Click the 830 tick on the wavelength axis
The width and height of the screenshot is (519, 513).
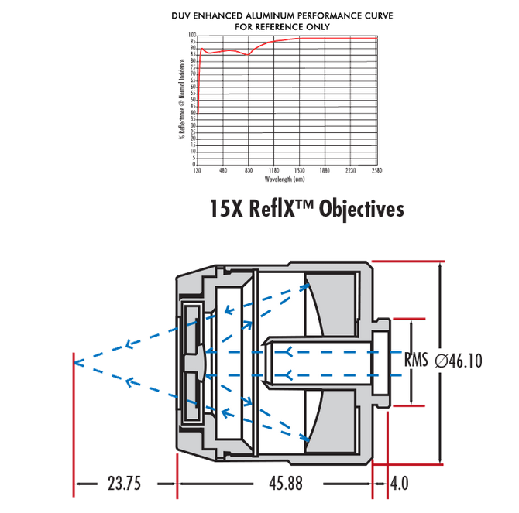coord(248,170)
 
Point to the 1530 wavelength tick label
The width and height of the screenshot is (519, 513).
coord(299,170)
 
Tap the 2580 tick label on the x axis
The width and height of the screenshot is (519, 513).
coord(376,170)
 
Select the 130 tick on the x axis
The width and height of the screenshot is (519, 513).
coord(197,170)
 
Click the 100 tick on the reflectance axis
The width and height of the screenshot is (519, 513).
coord(191,35)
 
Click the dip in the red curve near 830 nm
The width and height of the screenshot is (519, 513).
coord(247,54)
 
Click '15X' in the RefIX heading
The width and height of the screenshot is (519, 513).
coord(228,209)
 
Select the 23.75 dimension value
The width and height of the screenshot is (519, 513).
coord(124,484)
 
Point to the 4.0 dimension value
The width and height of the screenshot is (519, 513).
coord(400,484)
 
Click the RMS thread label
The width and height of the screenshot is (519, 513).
coord(418,360)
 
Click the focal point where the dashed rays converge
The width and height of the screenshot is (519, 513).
coord(74,360)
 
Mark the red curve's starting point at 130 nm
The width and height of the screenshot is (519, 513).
coord(198,113)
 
